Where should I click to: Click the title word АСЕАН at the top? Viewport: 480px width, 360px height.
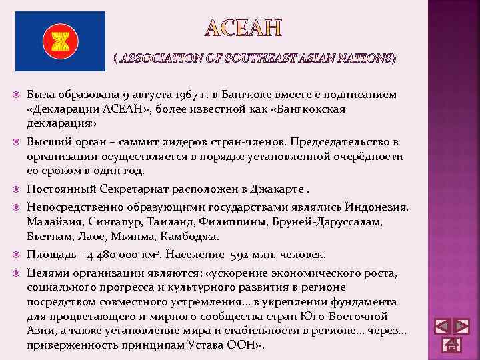(x=243, y=28)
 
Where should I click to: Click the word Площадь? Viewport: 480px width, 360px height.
(x=51, y=255)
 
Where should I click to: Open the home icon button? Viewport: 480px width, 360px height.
(x=452, y=345)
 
